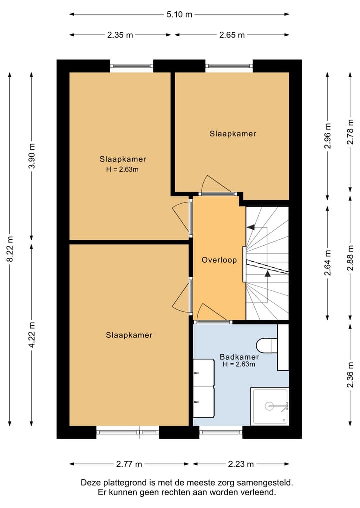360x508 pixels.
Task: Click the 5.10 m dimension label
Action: pos(179,14)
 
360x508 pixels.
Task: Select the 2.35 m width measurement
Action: pos(120,35)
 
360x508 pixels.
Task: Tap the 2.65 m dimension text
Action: pos(232,35)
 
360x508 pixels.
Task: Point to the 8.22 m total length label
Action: pos(10,249)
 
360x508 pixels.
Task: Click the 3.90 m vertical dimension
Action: pos(32,156)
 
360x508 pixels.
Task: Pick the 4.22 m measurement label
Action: pos(32,335)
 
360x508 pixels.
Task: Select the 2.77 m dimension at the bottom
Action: pos(129,464)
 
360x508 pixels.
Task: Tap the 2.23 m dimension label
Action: pos(241,464)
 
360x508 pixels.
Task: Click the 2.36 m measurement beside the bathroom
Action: pos(350,375)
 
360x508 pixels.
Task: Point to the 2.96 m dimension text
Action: pos(328,136)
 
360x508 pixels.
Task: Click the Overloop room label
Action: pos(219,260)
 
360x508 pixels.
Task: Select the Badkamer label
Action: pos(239,357)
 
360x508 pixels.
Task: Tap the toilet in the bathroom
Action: pos(267,345)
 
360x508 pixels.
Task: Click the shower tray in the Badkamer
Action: pos(270,406)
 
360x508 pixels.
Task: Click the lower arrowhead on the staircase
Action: pos(268,273)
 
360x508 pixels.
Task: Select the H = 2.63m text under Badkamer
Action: pos(239,364)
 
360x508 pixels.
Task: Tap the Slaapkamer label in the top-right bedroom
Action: pos(233,134)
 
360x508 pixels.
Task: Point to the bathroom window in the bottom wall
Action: pos(221,432)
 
